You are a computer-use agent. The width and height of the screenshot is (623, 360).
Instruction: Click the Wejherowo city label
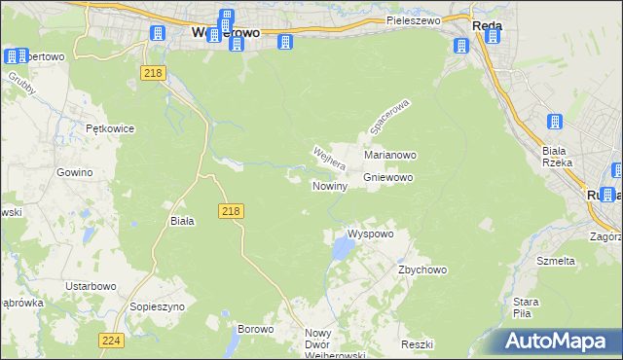[x=225, y=32]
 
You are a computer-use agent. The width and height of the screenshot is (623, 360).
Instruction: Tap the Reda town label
[x=486, y=26]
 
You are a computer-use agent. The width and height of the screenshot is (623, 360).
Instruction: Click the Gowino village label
[x=74, y=172]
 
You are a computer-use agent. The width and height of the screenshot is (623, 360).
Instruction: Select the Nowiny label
[x=330, y=186]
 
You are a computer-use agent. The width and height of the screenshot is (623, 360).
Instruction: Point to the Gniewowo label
[x=389, y=178]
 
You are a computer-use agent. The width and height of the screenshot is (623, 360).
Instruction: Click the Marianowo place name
[x=390, y=155]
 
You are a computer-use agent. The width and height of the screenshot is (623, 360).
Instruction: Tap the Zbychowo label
[x=421, y=270]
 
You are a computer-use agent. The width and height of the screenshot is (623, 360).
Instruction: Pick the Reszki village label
[x=417, y=345]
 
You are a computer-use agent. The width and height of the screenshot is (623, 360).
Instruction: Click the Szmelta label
[x=556, y=261]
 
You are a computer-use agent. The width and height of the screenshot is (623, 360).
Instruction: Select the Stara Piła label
[x=526, y=307]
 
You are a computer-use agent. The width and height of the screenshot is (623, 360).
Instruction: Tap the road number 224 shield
[x=110, y=340]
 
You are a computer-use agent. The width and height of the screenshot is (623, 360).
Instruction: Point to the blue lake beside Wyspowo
[x=342, y=251]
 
